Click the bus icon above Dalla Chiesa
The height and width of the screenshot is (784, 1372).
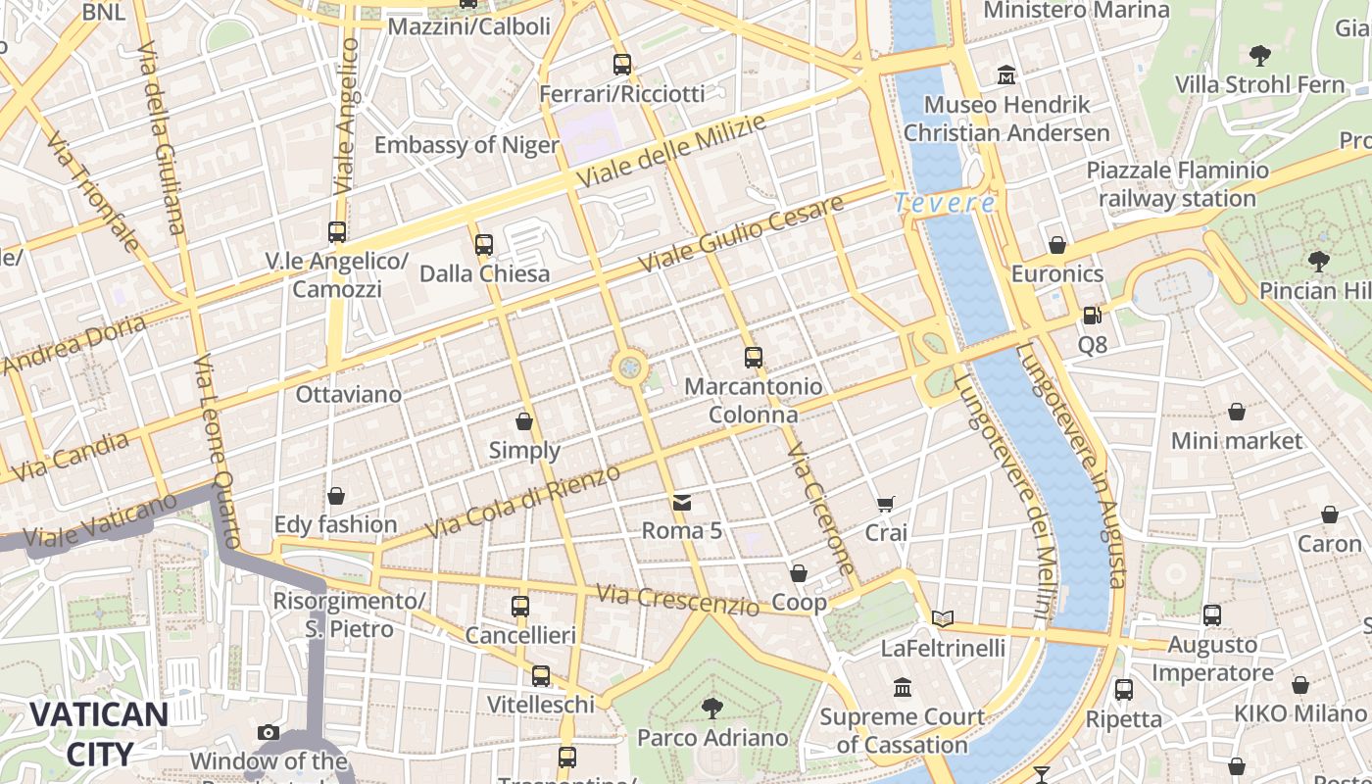point(483,245)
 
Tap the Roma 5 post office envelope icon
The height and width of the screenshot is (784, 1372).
point(682,503)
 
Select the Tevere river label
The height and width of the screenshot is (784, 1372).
point(945,203)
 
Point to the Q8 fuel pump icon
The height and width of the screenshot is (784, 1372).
point(1092,316)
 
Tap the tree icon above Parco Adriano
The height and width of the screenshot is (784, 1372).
point(712,708)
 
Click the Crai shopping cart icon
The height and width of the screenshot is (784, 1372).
point(886,505)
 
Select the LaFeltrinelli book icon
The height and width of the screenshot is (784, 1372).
point(943,618)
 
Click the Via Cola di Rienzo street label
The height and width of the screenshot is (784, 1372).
point(524,502)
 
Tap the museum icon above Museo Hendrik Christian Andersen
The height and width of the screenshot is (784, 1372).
point(1006,74)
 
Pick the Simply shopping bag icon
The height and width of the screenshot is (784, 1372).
point(524,421)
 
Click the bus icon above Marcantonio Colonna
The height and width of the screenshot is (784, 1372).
point(753,358)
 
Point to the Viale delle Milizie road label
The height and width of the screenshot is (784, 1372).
point(670,152)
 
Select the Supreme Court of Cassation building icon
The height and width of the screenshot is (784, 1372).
point(902,687)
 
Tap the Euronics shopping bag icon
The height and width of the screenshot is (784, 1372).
point(1056,245)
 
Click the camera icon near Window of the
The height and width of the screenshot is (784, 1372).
point(268,732)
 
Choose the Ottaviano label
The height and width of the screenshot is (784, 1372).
point(349,394)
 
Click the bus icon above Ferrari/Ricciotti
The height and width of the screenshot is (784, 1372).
point(622,65)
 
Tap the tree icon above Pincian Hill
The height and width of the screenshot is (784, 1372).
point(1319,261)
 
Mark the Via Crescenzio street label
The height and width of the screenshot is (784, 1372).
point(677,599)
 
